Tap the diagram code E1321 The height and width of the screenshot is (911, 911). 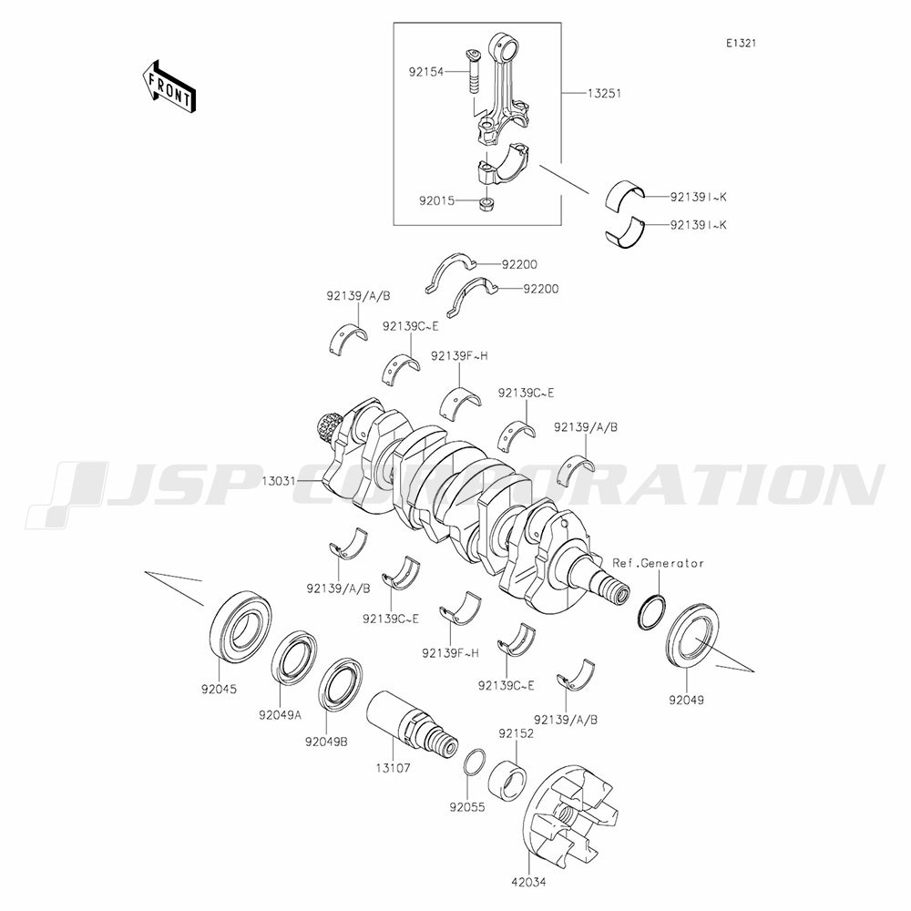pyautogui.click(x=741, y=43)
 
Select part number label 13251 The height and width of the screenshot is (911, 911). pyautogui.click(x=604, y=93)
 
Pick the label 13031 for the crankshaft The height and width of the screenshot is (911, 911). pyautogui.click(x=279, y=481)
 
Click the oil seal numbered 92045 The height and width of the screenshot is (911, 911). pyautogui.click(x=241, y=625)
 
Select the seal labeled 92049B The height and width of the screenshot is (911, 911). pyautogui.click(x=341, y=684)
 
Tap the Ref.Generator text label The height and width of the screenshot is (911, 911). pyautogui.click(x=659, y=563)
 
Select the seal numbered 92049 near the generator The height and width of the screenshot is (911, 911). pyautogui.click(x=692, y=636)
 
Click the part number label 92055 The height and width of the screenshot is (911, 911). pyautogui.click(x=466, y=807)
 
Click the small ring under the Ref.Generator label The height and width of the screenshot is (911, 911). pyautogui.click(x=652, y=612)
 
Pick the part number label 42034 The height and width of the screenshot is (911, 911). pyautogui.click(x=528, y=897)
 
